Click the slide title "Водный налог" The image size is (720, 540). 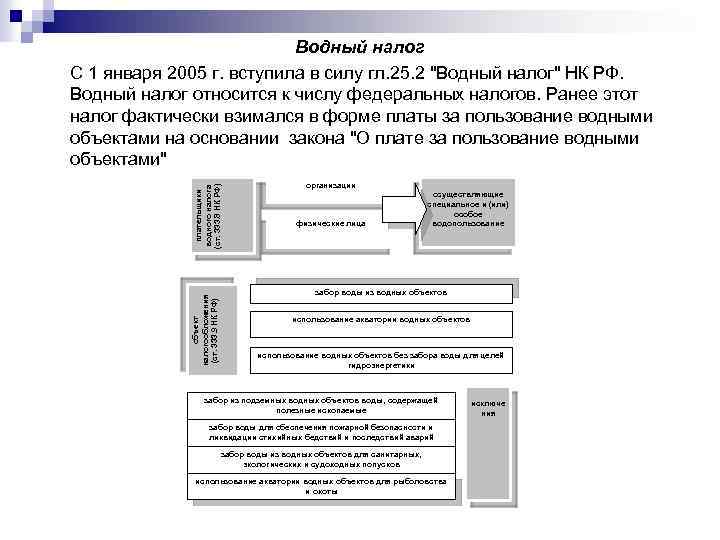pos(360,48)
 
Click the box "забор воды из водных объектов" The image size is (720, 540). pos(381,292)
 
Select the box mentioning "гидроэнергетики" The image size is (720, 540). pos(381,358)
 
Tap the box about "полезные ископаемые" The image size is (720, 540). pos(320,405)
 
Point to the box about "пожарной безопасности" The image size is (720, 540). pos(320,432)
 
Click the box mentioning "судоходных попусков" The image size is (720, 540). pos(320,459)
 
